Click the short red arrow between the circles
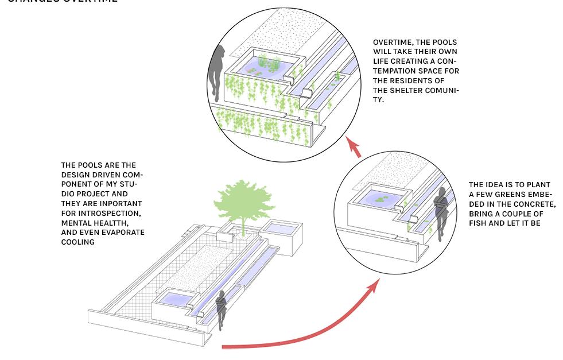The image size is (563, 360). (x=355, y=147)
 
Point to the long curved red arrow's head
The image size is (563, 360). (x=374, y=285)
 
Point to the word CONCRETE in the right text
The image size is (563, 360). (x=534, y=204)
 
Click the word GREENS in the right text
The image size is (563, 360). (x=507, y=195)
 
